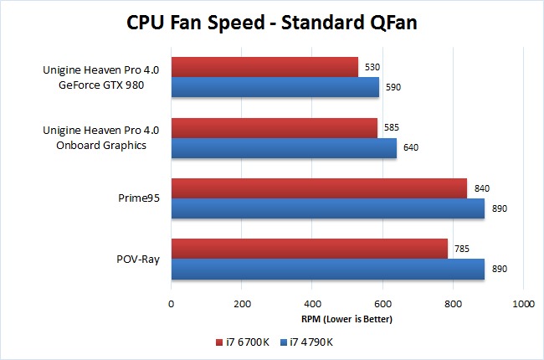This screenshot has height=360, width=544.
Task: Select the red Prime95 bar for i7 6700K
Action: coord(319,189)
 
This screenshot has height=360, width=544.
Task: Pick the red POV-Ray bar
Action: coord(309,249)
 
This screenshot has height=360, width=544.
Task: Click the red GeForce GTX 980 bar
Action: coord(264,67)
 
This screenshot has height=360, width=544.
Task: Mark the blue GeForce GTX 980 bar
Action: coord(275,87)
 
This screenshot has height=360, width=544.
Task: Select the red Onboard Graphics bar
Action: coord(275,128)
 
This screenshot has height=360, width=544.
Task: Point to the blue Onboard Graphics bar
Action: coord(284,147)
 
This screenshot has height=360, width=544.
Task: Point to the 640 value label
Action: coord(410,148)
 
